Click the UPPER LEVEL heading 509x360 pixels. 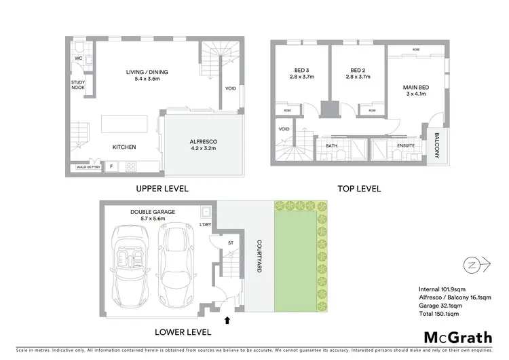(x=162, y=188)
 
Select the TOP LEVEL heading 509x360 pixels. (x=360, y=188)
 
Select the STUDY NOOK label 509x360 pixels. (x=78, y=84)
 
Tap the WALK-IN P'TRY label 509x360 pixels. (x=88, y=166)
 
